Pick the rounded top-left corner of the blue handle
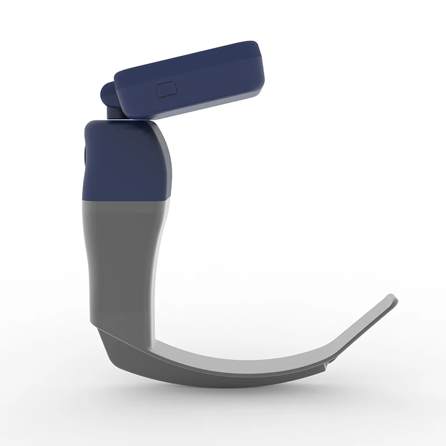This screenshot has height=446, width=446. coord(89,124)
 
